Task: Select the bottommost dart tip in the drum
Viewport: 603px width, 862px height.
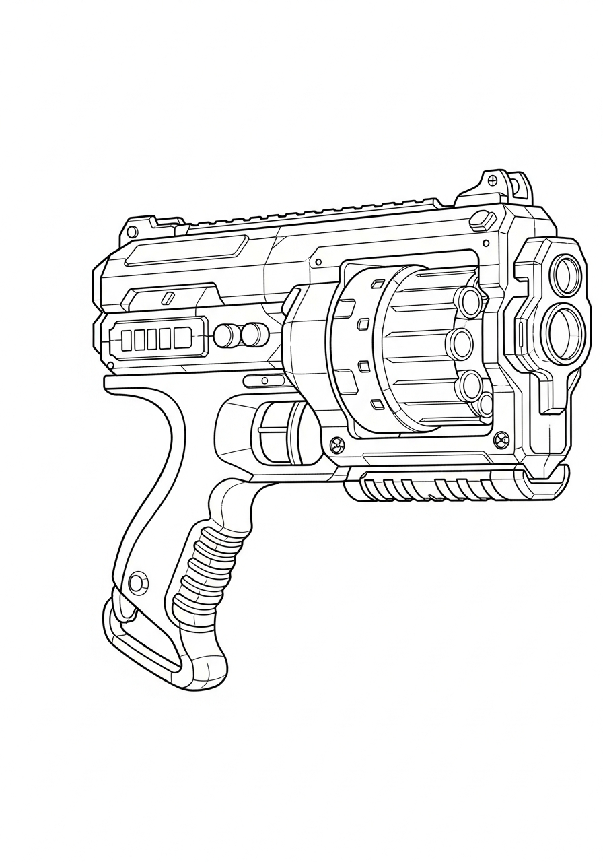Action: click(486, 405)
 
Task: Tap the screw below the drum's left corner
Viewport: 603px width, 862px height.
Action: click(337, 444)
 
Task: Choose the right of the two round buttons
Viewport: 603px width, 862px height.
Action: click(252, 334)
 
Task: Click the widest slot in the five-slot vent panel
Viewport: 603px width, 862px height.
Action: click(182, 337)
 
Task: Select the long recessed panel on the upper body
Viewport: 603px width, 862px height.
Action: click(186, 250)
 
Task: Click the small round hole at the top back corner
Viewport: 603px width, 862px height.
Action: click(133, 232)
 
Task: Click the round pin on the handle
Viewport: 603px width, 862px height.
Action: click(138, 582)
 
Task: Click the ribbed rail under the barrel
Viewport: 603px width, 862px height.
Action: click(431, 486)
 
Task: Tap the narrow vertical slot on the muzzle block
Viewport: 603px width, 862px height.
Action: click(522, 333)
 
